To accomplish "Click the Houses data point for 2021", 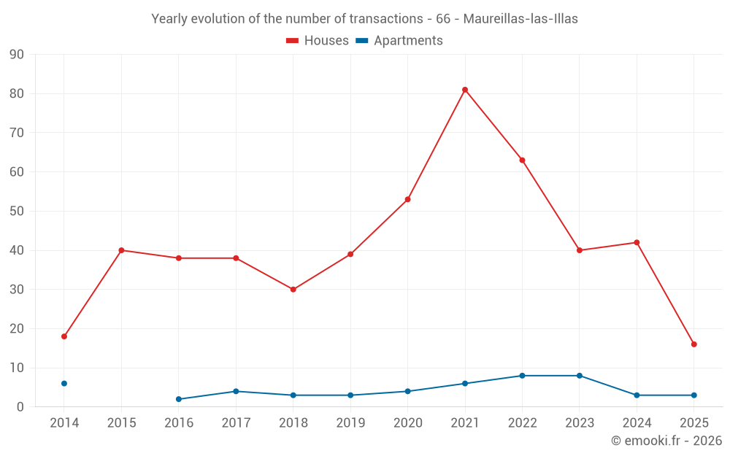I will [x=465, y=90].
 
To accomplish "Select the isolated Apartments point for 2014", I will [x=64, y=384].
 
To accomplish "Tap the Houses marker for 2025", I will [x=694, y=344].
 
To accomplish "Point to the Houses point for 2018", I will [x=293, y=290].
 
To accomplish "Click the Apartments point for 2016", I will [x=179, y=399].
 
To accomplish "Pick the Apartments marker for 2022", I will [x=522, y=376].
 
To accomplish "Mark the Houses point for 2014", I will [x=64, y=336].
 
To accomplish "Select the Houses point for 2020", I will [x=408, y=199].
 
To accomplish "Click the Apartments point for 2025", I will [x=694, y=395].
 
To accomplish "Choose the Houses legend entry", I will [x=318, y=41].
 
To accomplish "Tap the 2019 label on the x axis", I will [x=350, y=422].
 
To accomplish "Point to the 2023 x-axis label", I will [x=580, y=422].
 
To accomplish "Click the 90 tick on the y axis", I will [x=17, y=55].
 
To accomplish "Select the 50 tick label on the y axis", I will [x=17, y=212].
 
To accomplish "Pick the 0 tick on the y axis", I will [x=20, y=407].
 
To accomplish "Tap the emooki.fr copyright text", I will [x=666, y=441].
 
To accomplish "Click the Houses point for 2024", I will [x=637, y=243].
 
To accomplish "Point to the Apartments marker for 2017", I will [x=236, y=392].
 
